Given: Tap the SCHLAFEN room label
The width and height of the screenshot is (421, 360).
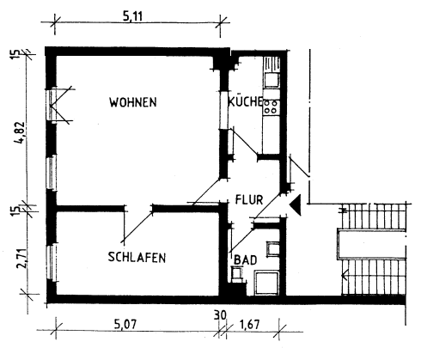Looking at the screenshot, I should pyautogui.click(x=137, y=257).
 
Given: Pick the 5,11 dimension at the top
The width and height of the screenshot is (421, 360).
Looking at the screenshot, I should pyautogui.click(x=137, y=15).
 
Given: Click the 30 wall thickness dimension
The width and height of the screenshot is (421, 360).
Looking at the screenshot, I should pyautogui.click(x=220, y=316).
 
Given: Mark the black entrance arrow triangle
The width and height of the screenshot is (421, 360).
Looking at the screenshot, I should pyautogui.click(x=295, y=205).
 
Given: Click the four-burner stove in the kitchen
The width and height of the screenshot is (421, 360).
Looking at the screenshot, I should pyautogui.click(x=272, y=107).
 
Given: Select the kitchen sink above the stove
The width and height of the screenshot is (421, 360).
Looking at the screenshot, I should pyautogui.click(x=272, y=80).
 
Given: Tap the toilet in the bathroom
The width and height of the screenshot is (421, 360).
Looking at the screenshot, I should pyautogui.click(x=236, y=275).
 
